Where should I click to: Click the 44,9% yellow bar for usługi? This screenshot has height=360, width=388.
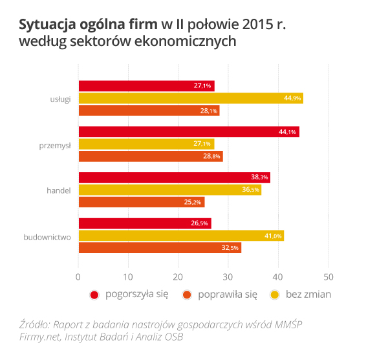tap(191, 98)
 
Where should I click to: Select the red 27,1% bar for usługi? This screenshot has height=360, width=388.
tap(146, 86)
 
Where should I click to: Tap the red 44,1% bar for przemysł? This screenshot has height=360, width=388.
tap(189, 132)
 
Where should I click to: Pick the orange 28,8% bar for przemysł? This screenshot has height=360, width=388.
tap(151, 156)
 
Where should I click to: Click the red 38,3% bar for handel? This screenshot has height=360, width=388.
tap(174, 177)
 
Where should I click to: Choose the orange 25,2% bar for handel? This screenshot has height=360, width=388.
tap(142, 202)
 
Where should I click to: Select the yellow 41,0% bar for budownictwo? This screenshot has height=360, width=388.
tap(181, 236)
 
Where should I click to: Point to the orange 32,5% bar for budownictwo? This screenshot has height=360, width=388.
tap(160, 247)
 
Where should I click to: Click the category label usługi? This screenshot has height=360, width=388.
tap(60, 98)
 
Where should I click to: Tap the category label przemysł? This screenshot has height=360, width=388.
tap(56, 144)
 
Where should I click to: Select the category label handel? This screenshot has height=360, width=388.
tap(58, 190)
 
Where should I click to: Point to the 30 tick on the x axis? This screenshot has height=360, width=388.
tap(228, 276)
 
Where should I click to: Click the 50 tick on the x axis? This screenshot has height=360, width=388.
tap(329, 276)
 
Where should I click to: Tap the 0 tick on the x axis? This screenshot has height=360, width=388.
tap(78, 276)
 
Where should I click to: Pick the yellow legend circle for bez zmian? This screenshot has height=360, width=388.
tap(274, 295)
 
